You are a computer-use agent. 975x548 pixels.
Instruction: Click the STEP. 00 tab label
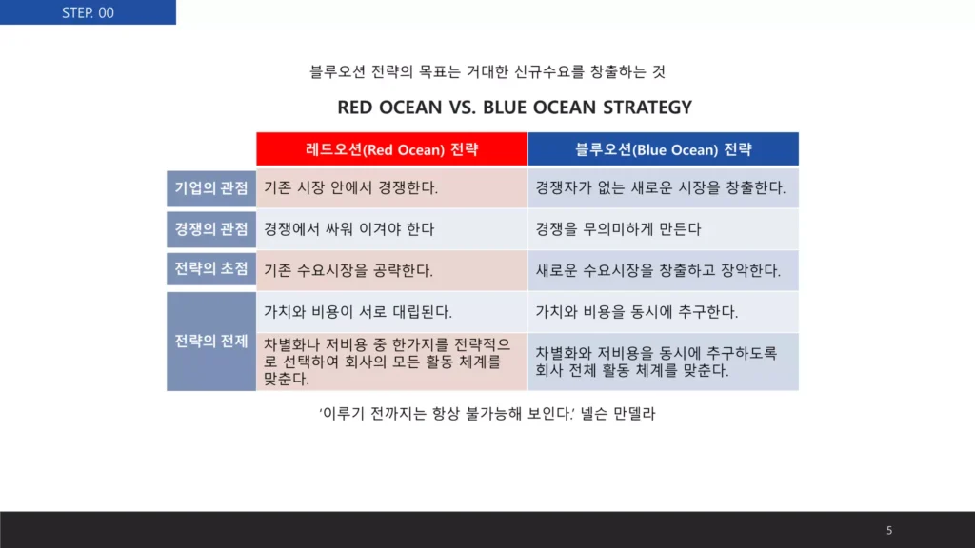(88, 12)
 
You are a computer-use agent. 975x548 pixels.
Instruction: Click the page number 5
(889, 530)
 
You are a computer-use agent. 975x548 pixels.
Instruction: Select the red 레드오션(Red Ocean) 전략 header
(391, 149)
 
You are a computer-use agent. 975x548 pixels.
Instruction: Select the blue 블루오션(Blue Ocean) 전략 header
(663, 149)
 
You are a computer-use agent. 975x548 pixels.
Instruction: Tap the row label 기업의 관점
(211, 187)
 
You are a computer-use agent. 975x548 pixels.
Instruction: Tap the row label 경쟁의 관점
(211, 228)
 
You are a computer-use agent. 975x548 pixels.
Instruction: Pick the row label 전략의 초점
(211, 269)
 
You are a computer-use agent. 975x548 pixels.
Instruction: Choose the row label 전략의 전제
(211, 342)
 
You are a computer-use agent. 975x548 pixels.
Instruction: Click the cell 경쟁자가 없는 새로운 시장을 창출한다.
(661, 187)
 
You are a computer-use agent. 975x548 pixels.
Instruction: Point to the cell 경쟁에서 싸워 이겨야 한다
(348, 228)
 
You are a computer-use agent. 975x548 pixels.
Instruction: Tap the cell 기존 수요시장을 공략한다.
(348, 270)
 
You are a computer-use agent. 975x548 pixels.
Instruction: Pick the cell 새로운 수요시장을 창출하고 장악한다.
(658, 270)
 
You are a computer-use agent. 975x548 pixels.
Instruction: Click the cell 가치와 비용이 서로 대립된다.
(357, 311)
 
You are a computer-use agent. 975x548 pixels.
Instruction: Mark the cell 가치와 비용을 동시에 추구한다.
(637, 311)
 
